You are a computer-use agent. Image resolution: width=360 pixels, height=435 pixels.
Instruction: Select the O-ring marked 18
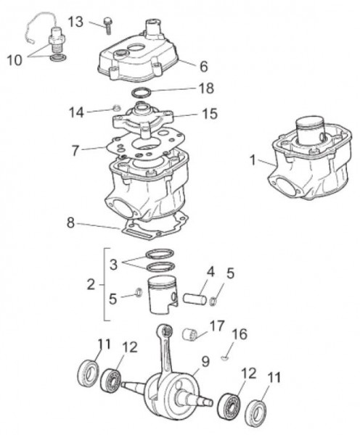(x=146, y=92)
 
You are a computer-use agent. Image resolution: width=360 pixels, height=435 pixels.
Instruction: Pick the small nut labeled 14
(x=115, y=109)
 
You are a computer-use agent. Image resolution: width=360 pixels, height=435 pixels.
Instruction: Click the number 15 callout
(x=209, y=114)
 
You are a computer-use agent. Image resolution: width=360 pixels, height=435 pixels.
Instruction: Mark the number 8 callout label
(x=70, y=223)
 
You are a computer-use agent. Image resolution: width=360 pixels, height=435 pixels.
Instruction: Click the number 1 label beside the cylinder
(x=251, y=161)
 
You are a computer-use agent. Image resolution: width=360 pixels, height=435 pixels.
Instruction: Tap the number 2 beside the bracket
(x=90, y=284)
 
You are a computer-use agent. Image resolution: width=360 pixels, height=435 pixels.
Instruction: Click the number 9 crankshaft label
(x=205, y=359)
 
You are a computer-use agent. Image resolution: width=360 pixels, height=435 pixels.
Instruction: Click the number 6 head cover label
(x=203, y=65)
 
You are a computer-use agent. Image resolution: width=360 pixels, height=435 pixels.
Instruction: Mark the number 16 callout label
(x=239, y=334)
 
